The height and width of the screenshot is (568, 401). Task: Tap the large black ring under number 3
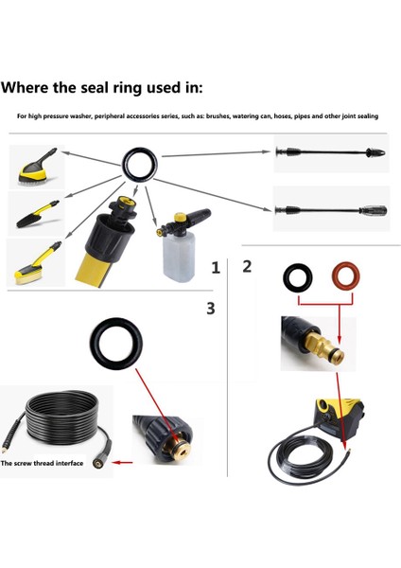[x=94, y=345]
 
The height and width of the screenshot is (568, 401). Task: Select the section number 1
[x=216, y=268]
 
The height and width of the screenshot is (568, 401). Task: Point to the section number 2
[x=247, y=266]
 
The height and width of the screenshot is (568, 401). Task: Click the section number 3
[x=211, y=309]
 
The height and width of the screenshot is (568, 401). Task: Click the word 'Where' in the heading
[x=26, y=88]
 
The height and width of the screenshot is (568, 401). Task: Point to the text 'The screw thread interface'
[x=42, y=463]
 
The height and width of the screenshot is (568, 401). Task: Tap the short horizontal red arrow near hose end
[x=122, y=462]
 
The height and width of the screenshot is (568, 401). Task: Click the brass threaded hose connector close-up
[x=178, y=448]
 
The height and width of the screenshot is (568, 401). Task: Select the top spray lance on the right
[x=330, y=152]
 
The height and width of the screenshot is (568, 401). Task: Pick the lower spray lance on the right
[x=331, y=210]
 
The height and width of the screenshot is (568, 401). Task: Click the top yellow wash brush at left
[x=38, y=166]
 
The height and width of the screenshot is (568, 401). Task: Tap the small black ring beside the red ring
[x=286, y=278]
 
